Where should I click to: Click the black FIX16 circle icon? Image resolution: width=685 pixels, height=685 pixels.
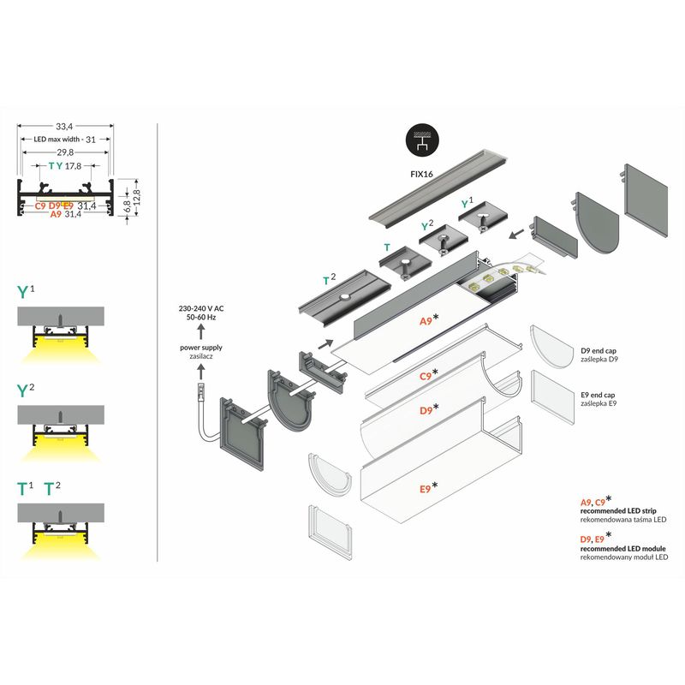[420, 140]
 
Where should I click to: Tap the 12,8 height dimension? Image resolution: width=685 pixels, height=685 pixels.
[134, 198]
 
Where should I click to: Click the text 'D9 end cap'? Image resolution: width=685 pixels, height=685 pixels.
[599, 351]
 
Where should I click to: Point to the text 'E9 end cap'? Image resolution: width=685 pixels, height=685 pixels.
[599, 395]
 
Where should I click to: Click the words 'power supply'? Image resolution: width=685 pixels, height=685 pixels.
[200, 348]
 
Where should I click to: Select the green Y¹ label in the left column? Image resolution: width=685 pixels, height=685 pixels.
[27, 291]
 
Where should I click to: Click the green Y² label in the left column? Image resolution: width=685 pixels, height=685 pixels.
[27, 390]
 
